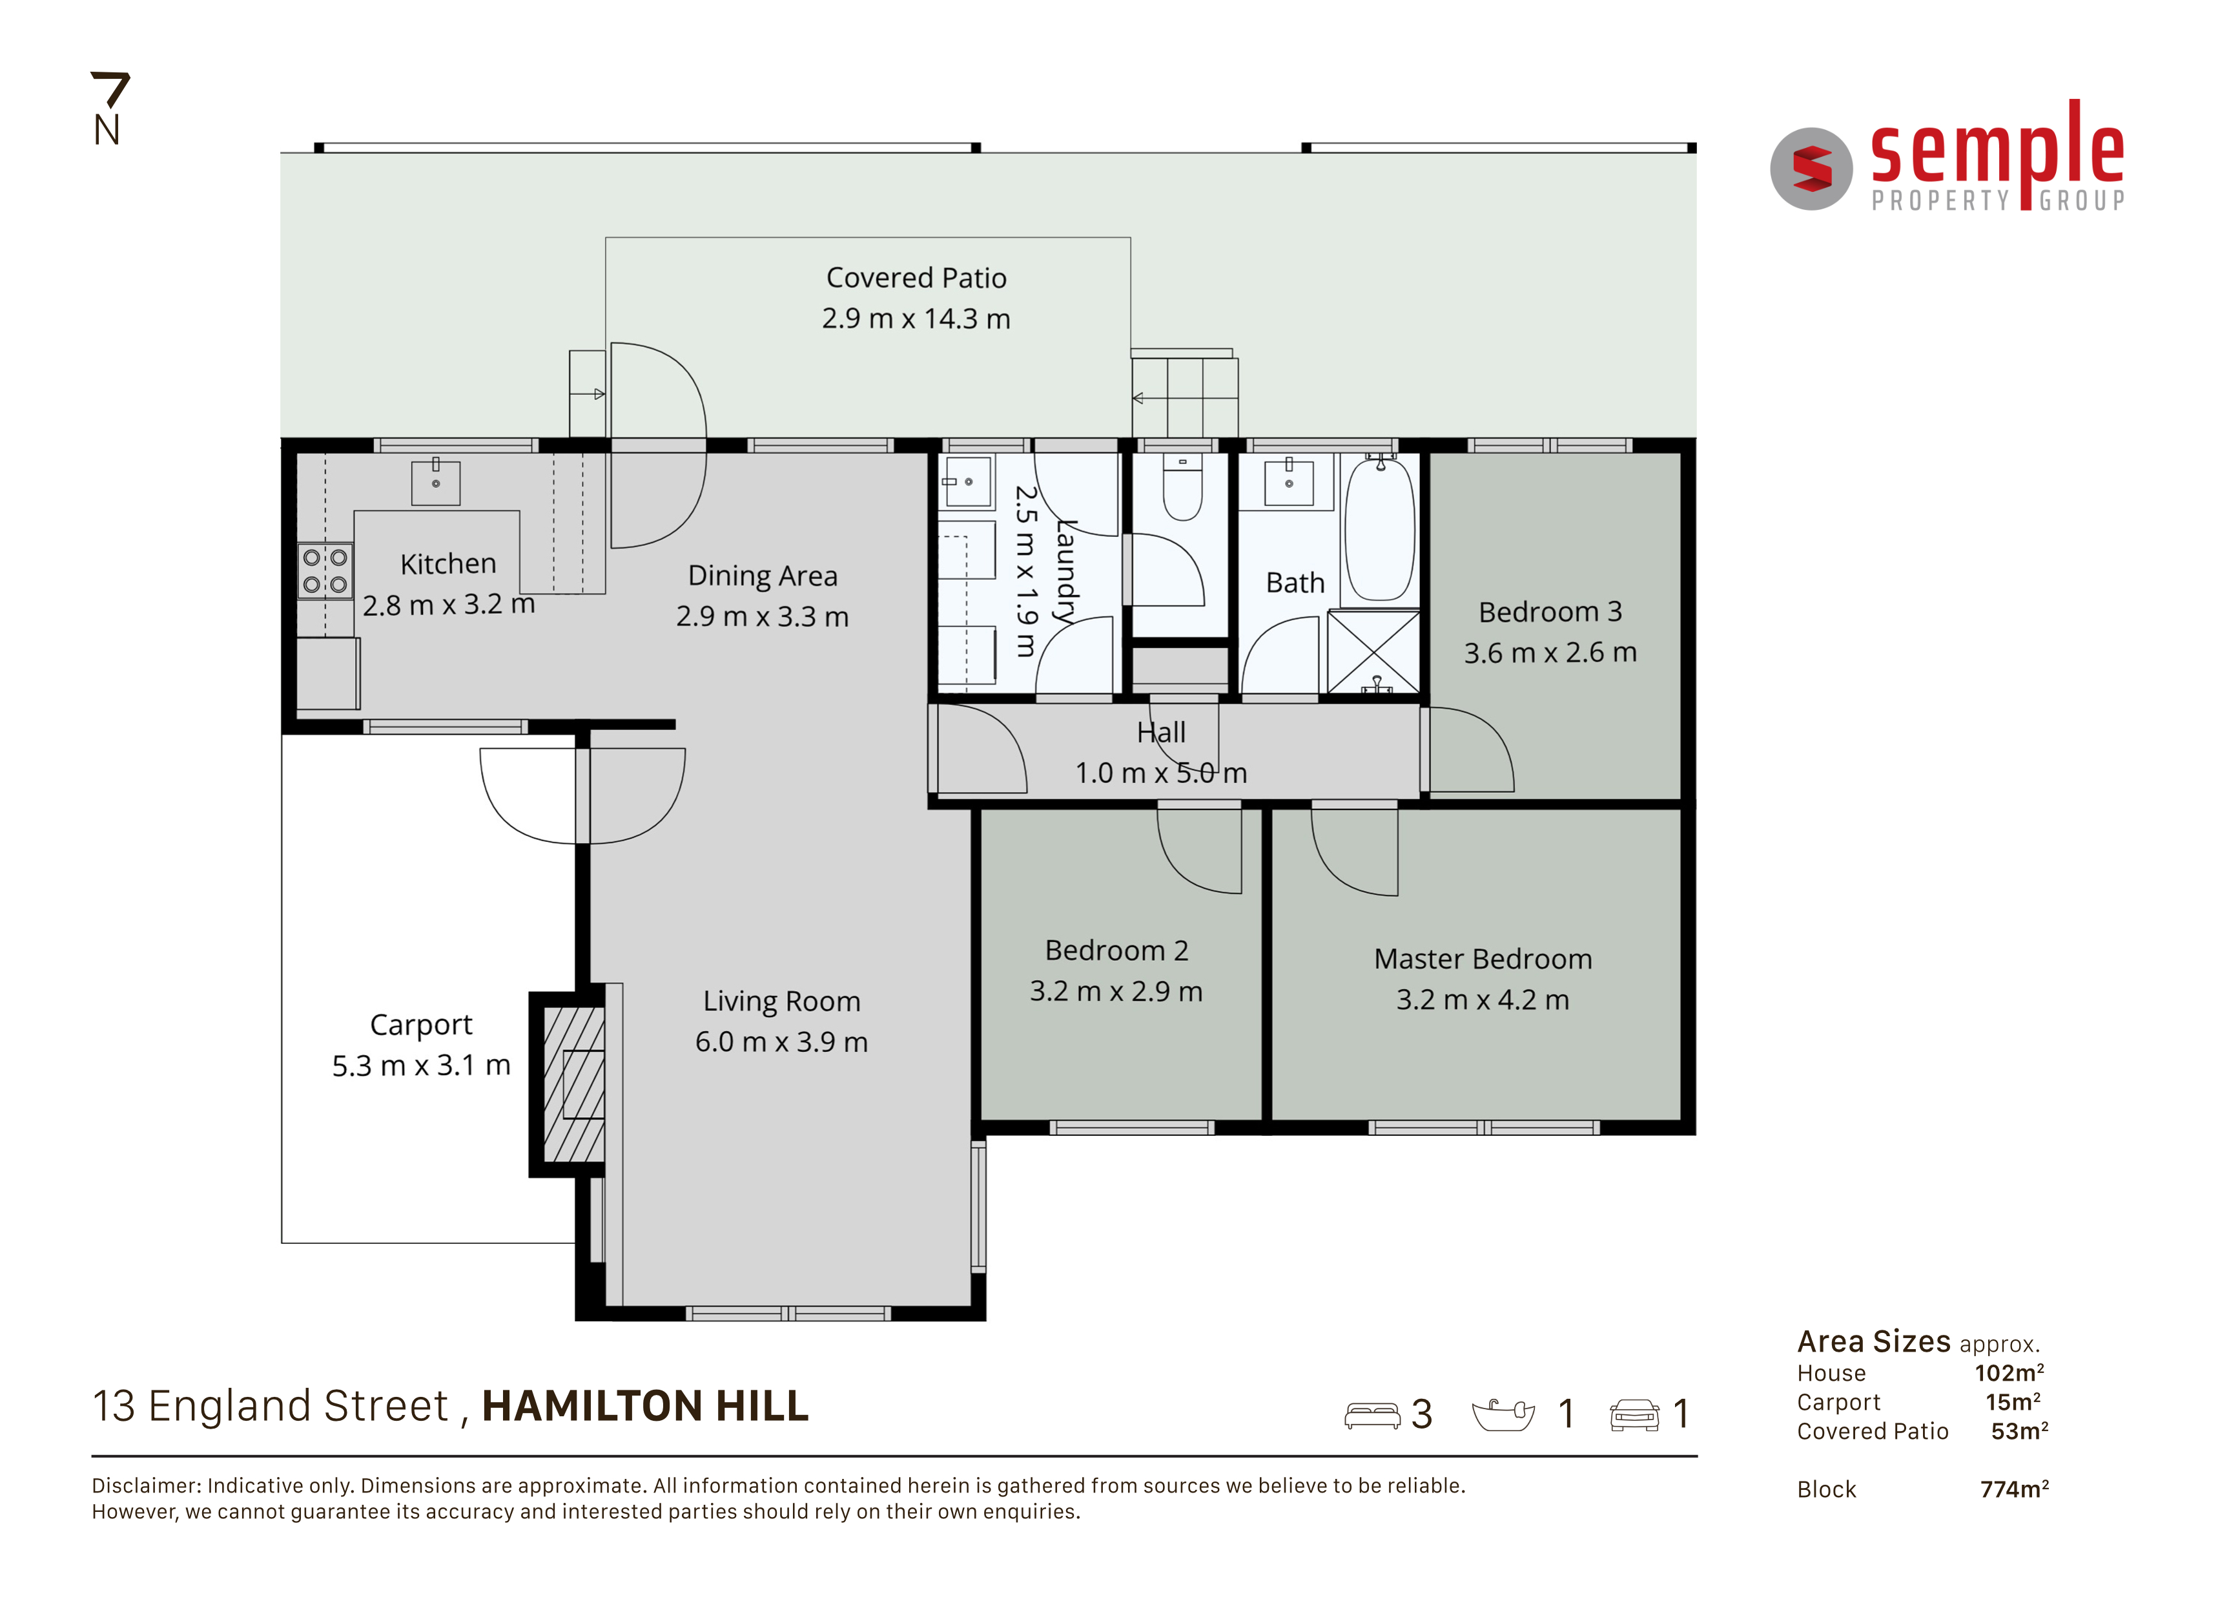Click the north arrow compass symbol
coord(108,108)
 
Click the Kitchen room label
coord(448,564)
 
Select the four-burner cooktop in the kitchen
coord(325,571)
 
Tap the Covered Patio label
coord(916,278)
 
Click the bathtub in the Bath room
coord(1379,529)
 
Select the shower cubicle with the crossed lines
coord(1373,651)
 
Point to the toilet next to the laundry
coord(1182,488)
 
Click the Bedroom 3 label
coord(1550,612)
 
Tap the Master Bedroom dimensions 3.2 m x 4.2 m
coord(1483,1000)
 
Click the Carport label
coord(421,1025)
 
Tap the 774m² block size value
coord(2015,1489)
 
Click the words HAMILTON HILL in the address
coord(645,1406)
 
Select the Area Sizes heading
coord(1873,1341)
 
